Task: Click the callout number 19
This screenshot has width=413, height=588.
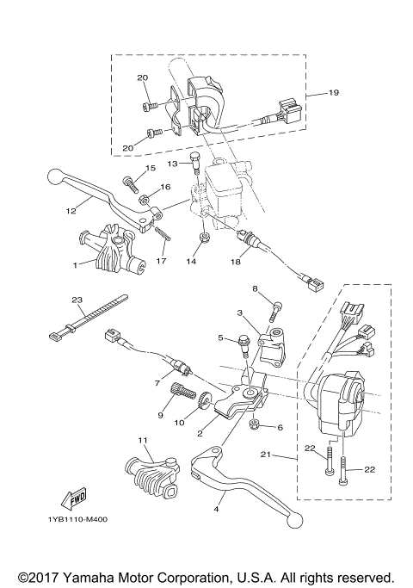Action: [335, 92]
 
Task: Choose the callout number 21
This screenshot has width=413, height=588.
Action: [266, 455]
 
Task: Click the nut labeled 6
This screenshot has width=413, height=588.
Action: [256, 426]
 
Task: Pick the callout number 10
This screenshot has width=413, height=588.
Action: [182, 423]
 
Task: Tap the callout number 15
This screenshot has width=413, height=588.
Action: [150, 168]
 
